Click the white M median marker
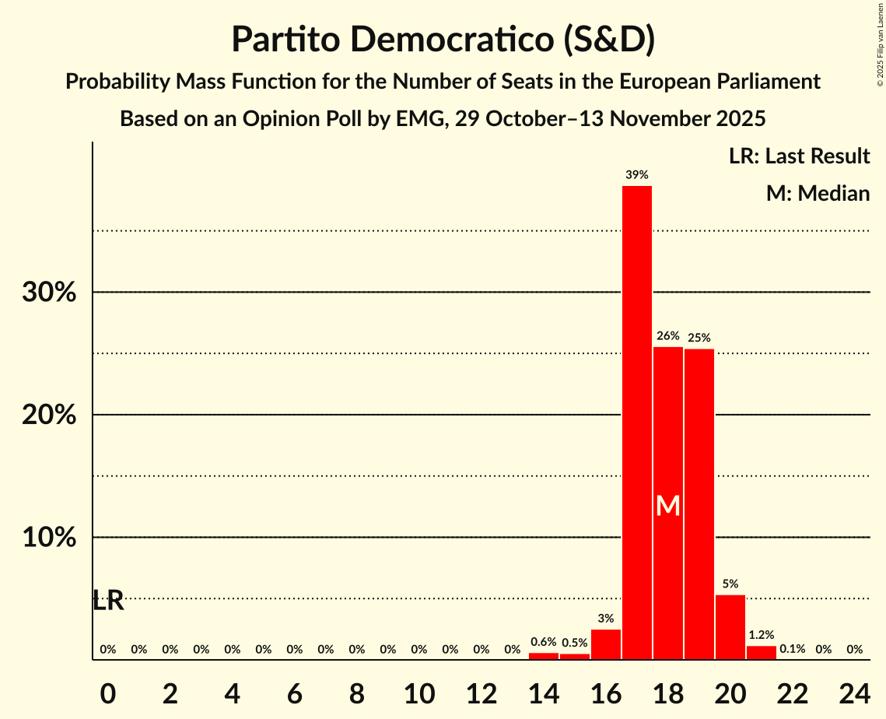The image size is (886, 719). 668,507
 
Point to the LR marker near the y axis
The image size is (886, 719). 108,601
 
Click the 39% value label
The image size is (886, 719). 637,175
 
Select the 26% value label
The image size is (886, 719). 668,336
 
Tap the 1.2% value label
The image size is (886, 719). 762,635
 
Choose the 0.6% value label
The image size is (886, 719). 544,642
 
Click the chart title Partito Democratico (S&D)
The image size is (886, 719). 443,39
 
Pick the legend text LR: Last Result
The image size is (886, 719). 799,156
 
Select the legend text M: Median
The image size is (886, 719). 818,193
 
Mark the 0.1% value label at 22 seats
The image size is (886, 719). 793,649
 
